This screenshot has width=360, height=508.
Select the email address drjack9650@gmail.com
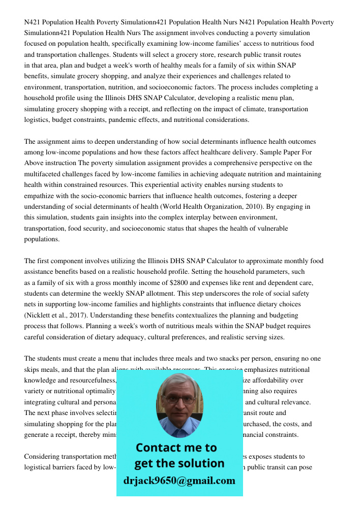pos(179,481)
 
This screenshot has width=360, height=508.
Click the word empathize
pos(42,196)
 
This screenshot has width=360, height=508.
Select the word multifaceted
pos(44,174)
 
